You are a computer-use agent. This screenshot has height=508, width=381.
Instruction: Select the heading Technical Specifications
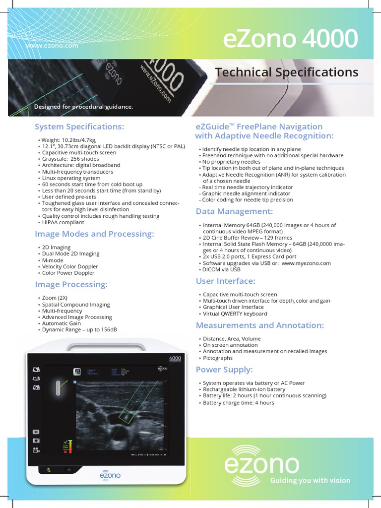pyautogui.click(x=287, y=72)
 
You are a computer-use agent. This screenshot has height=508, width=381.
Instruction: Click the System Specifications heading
pyautogui.click(x=79, y=127)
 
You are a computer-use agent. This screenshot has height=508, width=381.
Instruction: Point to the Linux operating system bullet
pyautogui.click(x=71, y=178)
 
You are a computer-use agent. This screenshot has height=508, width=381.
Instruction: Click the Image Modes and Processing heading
pyautogui.click(x=94, y=234)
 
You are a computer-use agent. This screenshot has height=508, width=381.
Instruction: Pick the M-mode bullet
pyautogui.click(x=53, y=260)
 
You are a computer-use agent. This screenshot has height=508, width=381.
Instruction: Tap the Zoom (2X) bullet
pyautogui.click(x=55, y=298)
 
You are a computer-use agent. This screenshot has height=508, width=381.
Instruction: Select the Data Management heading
pyautogui.click(x=234, y=211)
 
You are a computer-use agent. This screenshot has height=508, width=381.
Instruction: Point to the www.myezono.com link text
pyautogui.click(x=306, y=263)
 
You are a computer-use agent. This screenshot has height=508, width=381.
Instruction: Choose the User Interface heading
pyautogui.click(x=225, y=281)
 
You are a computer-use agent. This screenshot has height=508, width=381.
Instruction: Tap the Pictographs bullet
pyautogui.click(x=218, y=358)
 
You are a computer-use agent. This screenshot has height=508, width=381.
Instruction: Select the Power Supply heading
pyautogui.click(x=224, y=370)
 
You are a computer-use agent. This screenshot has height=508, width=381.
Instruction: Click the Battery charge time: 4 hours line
pyautogui.click(x=238, y=402)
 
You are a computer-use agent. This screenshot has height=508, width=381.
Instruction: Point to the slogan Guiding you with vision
pyautogui.click(x=310, y=480)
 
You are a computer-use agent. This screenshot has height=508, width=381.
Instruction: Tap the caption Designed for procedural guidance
pyautogui.click(x=83, y=107)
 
